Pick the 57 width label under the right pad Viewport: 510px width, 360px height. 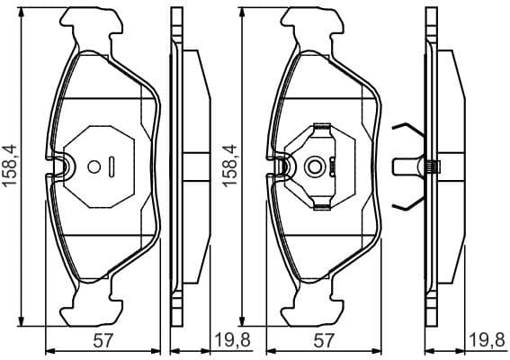click(323, 340)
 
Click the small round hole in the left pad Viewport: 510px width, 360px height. click(94, 166)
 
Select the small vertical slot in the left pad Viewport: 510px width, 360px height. click(112, 166)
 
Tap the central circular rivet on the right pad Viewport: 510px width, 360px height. click(314, 166)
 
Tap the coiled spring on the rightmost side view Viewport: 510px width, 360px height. click(431, 166)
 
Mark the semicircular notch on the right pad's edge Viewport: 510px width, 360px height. click(281, 166)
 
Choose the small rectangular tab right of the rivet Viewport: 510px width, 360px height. click(332, 166)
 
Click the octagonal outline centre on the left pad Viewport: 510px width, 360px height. click(102, 166)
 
